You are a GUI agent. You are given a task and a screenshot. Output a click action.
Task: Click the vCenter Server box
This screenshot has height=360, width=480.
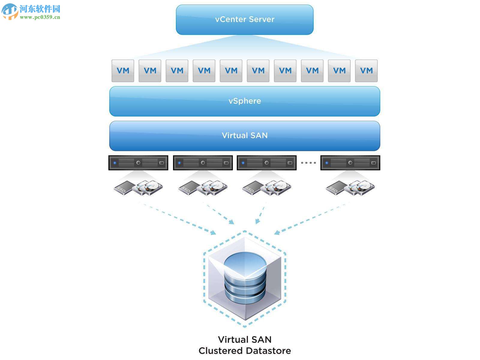tap(244, 19)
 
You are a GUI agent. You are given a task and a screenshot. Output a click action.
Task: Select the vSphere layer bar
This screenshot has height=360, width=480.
tap(244, 101)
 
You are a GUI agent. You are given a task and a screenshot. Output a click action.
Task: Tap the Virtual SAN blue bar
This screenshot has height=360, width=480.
tap(244, 136)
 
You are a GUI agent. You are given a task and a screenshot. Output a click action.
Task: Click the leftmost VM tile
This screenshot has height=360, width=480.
tap(123, 71)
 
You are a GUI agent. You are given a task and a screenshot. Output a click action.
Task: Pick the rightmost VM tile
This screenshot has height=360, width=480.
tap(366, 71)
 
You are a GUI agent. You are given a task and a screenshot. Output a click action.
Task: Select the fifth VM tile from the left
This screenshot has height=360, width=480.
tap(231, 71)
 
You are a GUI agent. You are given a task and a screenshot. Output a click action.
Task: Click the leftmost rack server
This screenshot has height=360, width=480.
tap(138, 163)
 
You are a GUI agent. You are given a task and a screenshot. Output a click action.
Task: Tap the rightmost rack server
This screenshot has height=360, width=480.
tap(350, 163)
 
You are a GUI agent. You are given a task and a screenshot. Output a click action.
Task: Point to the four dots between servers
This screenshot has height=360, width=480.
tap(308, 163)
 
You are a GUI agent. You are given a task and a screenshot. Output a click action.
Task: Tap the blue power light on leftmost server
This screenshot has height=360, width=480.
tap(115, 163)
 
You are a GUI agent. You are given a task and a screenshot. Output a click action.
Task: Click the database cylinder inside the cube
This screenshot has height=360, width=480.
tap(245, 277)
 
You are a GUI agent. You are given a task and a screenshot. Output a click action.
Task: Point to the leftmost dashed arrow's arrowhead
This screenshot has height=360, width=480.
tap(213, 232)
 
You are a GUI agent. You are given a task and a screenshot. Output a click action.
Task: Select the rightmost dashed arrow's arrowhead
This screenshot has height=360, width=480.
tap(277, 232)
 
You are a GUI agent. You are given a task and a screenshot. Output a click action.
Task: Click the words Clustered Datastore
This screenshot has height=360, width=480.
tap(244, 350)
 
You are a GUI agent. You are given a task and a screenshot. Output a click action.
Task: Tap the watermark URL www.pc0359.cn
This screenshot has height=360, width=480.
tap(40, 17)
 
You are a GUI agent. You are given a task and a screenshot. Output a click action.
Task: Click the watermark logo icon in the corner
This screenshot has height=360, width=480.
tap(10, 11)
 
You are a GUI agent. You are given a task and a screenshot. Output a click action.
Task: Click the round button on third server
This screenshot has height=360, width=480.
tap(266, 163)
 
